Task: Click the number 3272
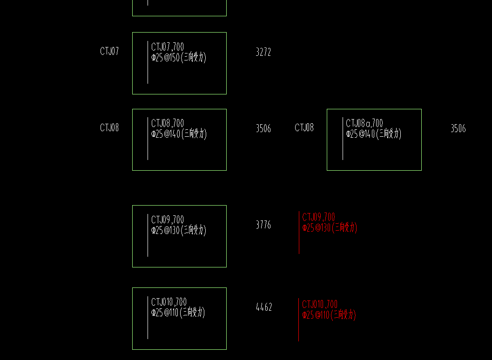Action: click(263, 52)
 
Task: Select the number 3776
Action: click(263, 225)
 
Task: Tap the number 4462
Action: click(264, 307)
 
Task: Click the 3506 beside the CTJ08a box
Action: click(458, 129)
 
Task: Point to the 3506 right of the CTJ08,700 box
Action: click(263, 129)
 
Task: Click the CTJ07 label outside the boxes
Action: click(109, 51)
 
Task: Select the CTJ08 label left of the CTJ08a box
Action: click(304, 128)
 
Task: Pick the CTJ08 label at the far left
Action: click(109, 128)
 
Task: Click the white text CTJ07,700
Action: click(168, 47)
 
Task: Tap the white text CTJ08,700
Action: click(168, 123)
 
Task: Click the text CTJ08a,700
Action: click(364, 123)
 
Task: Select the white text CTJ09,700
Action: click(168, 220)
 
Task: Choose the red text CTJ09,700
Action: click(318, 217)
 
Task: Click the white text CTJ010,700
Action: click(169, 302)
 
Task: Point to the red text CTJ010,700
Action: click(320, 305)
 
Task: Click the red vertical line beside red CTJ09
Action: click(299, 233)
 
